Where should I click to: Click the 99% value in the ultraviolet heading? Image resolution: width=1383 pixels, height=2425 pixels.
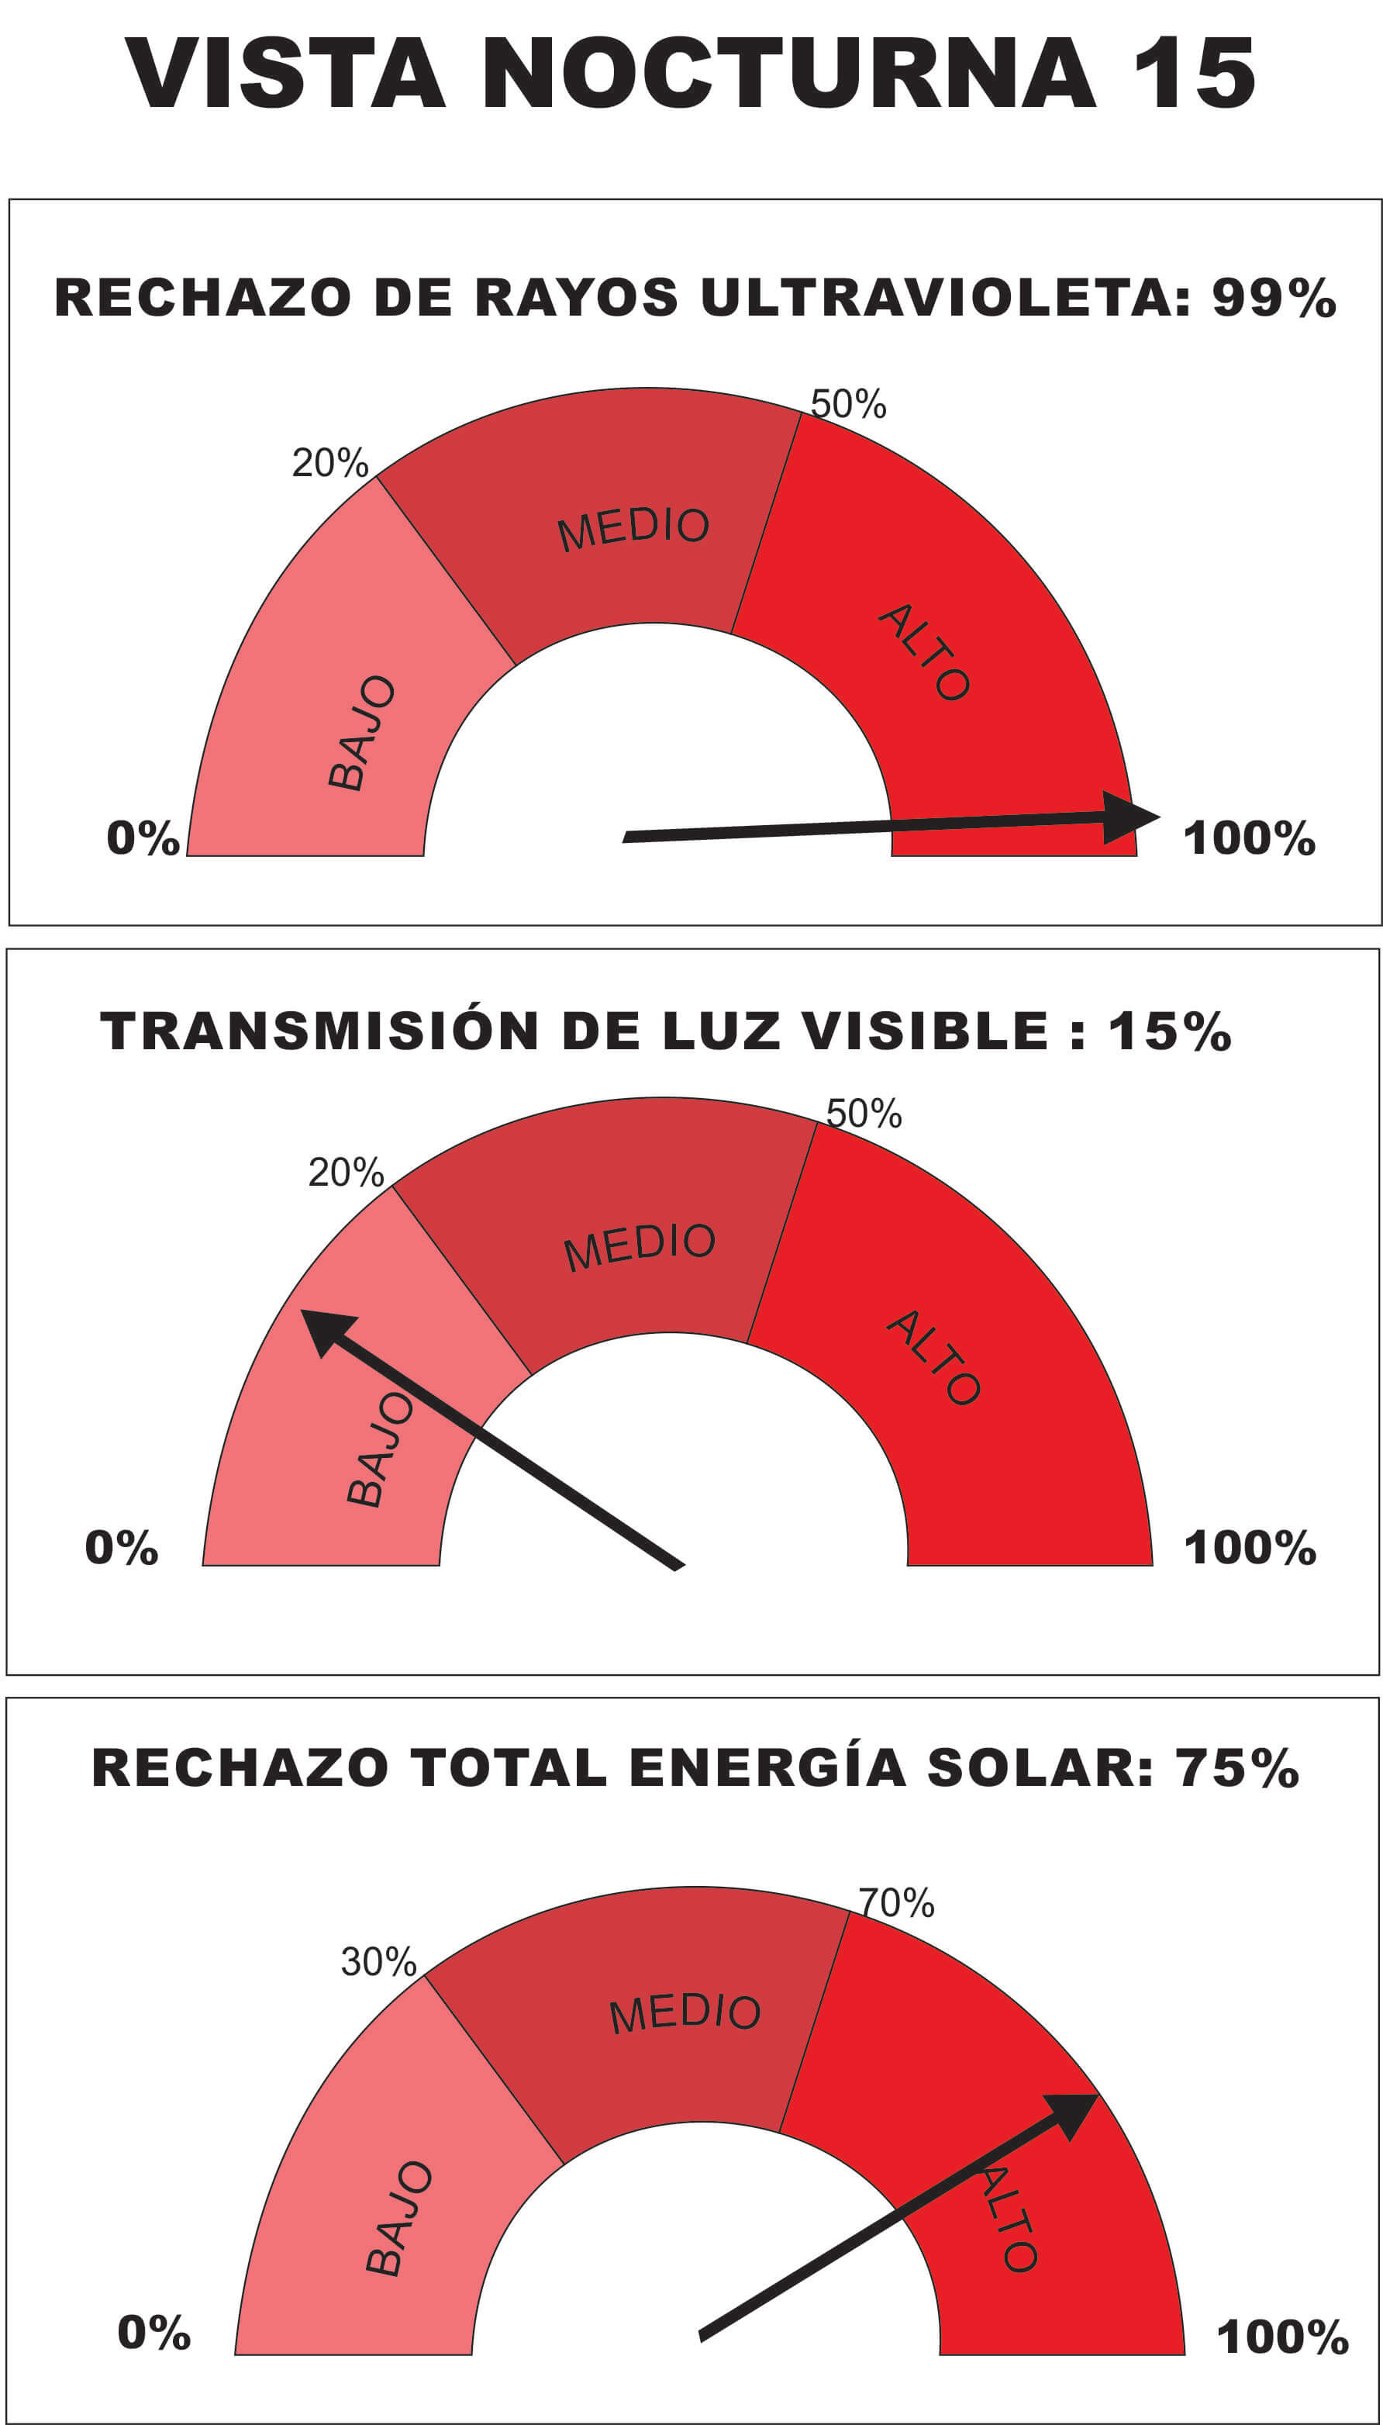click(x=1274, y=298)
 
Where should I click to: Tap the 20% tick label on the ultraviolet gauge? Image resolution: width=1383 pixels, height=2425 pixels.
click(x=329, y=463)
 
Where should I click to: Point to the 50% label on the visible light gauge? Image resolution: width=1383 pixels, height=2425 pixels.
click(x=864, y=1113)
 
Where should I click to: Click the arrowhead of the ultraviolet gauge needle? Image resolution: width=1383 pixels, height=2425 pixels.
click(x=1130, y=817)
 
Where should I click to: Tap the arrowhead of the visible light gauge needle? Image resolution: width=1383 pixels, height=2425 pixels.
click(x=328, y=1330)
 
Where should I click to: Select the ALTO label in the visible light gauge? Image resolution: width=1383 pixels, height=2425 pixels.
click(x=933, y=1357)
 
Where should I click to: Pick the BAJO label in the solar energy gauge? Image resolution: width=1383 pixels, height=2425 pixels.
click(x=399, y=2219)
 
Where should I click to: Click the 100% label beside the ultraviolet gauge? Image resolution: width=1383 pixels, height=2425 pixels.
click(x=1248, y=838)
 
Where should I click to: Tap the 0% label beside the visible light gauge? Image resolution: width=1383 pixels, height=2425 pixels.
click(x=122, y=1548)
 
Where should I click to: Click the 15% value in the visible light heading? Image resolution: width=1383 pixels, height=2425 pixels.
click(x=1169, y=1031)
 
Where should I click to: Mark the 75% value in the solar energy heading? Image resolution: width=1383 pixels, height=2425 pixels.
click(x=1236, y=1768)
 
